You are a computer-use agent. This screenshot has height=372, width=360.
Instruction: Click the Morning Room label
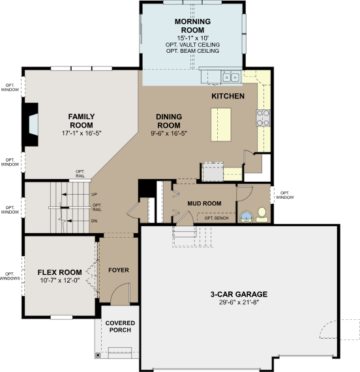[192, 26]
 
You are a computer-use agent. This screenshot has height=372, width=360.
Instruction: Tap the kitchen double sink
[231, 77]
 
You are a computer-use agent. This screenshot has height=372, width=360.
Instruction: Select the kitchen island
[221, 124]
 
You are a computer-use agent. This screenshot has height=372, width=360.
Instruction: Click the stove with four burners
[263, 118]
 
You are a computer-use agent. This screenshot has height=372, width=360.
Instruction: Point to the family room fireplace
[31, 124]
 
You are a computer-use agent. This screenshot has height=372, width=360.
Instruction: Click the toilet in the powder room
[262, 215]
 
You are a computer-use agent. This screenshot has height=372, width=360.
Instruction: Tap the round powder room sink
[247, 217]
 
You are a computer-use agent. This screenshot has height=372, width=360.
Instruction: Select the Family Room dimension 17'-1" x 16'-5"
[82, 134]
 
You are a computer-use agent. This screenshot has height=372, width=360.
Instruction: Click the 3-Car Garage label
[239, 294]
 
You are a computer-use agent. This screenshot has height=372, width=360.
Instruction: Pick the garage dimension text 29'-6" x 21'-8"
[239, 302]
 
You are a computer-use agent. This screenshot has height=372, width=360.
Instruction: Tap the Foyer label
[119, 270]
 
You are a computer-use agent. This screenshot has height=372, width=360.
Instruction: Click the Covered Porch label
[120, 326]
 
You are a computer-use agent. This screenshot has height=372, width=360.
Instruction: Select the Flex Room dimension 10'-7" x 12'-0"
[59, 280]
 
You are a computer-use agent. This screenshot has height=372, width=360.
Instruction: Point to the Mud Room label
[204, 203]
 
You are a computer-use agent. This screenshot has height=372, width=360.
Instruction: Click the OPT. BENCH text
[217, 218]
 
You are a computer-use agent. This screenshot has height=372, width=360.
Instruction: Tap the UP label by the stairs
[95, 194]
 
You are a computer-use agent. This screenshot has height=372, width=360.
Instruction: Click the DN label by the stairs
[95, 221]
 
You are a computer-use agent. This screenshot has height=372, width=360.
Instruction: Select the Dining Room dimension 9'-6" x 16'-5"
[169, 134]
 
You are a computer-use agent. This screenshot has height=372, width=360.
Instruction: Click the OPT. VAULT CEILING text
[192, 44]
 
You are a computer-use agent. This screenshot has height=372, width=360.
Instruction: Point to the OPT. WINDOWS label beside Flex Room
[10, 276]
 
